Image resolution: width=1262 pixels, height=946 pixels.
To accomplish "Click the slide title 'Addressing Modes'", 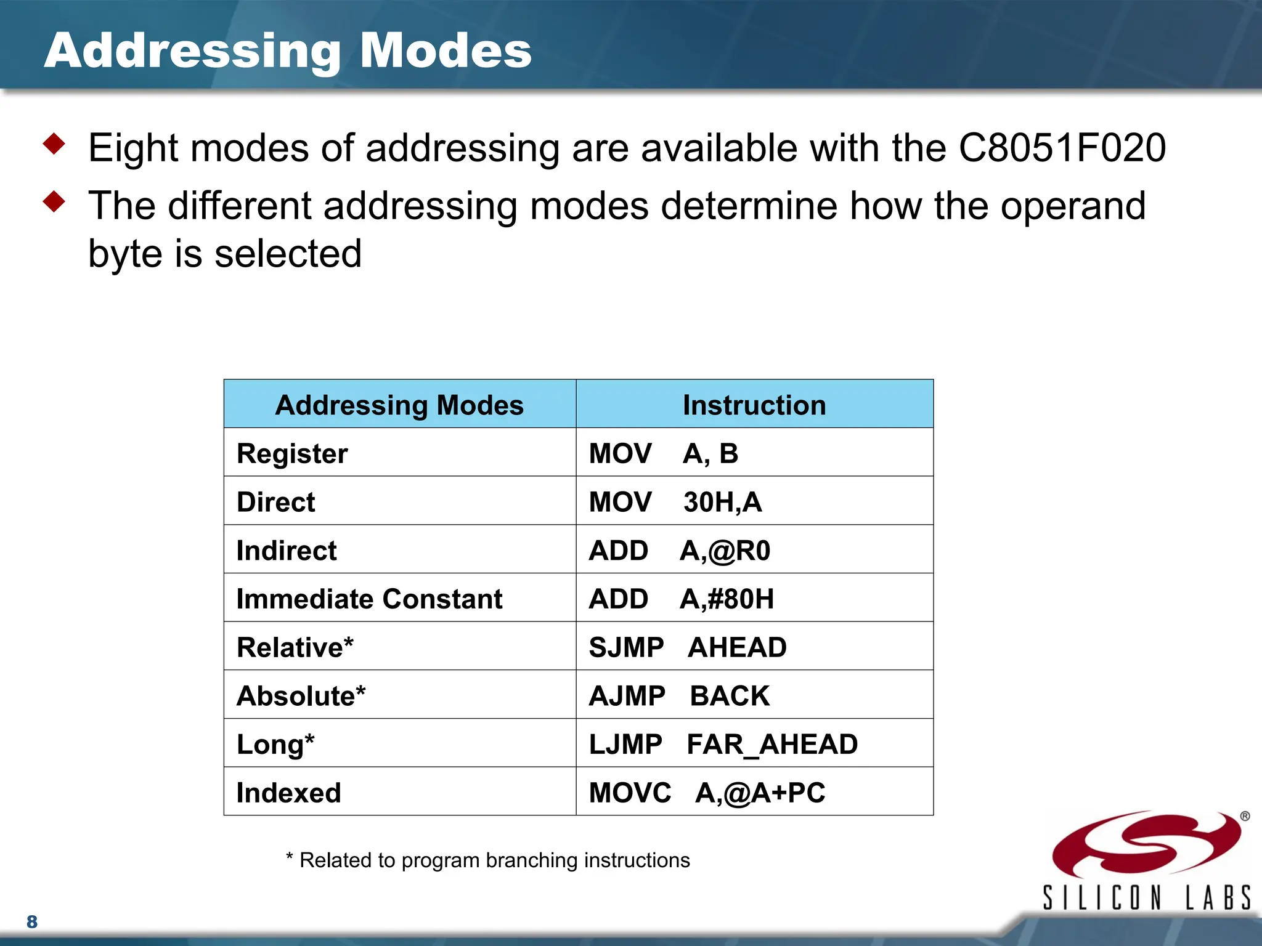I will tap(288, 51).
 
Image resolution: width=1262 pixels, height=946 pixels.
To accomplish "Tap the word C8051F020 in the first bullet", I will tap(1062, 148).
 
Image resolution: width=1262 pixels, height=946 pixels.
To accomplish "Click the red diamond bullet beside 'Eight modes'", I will tap(55, 144).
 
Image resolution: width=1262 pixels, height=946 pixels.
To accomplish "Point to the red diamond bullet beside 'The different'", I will tap(55, 201).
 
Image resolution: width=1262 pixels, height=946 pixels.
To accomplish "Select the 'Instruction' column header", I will tap(754, 405).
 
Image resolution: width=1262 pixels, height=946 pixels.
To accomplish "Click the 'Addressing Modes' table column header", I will tap(399, 405).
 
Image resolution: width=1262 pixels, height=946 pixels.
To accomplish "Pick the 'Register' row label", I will tap(292, 454).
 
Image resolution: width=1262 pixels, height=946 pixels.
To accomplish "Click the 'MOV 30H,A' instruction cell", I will tap(675, 502).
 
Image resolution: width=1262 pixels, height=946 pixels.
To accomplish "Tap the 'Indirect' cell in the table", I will tap(287, 551).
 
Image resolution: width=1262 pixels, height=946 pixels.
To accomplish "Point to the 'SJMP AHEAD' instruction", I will tap(687, 647).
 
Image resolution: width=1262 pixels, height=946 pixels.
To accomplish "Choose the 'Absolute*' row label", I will tap(301, 696).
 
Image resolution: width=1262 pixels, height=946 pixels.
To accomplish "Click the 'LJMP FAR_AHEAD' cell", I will tap(723, 745).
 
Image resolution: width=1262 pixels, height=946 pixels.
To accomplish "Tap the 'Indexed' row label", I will tap(288, 793).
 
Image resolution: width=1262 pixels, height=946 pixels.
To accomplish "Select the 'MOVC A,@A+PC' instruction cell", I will tap(707, 793).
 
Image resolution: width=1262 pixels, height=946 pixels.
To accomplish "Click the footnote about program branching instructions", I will tap(488, 860).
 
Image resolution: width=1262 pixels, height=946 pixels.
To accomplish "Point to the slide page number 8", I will tap(32, 922).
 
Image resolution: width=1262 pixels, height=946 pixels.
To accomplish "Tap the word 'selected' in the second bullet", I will tap(288, 254).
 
